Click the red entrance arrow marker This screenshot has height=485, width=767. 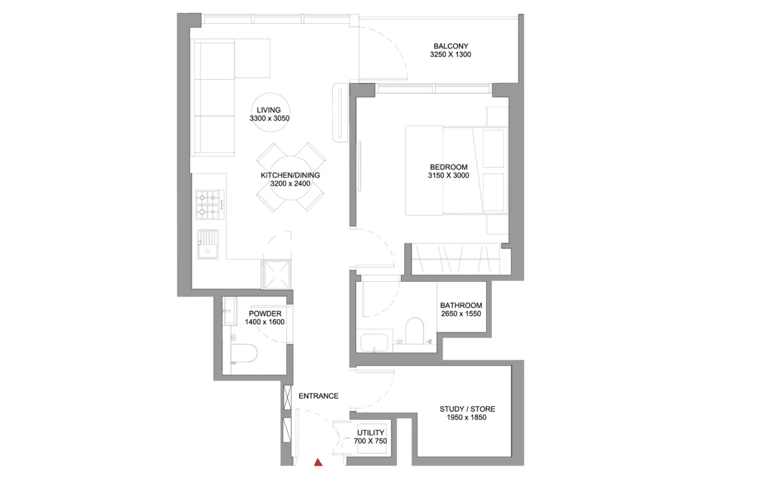(x=318, y=462)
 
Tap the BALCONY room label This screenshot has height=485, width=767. (x=451, y=46)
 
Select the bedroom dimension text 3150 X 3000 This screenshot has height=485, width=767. (x=449, y=175)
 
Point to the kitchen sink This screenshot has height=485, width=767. (x=208, y=244)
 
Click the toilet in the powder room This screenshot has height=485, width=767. (x=244, y=353)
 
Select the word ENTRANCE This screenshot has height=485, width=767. (x=318, y=396)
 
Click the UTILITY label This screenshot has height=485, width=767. (x=370, y=432)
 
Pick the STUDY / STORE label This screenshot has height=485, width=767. (x=467, y=409)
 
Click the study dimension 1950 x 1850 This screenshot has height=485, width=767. (x=467, y=418)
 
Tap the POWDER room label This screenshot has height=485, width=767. (x=265, y=314)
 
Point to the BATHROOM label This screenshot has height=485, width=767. (x=461, y=305)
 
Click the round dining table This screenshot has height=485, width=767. (x=291, y=178)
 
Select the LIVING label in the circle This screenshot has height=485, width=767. (x=268, y=110)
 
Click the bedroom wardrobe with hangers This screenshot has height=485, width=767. (x=455, y=258)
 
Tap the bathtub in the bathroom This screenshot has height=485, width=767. (x=374, y=342)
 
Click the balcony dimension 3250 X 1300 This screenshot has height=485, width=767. (x=451, y=55)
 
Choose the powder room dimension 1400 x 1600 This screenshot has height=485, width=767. (x=264, y=322)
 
